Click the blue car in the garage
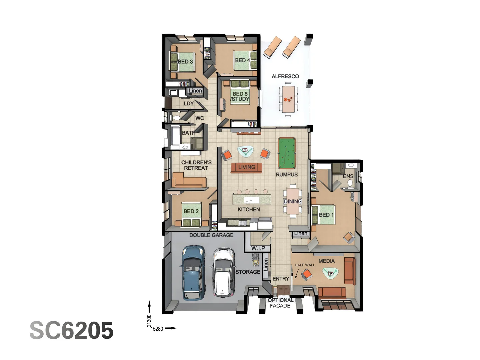(x=193, y=273)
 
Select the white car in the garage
(x=224, y=272)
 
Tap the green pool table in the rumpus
(x=287, y=153)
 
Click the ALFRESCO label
(x=285, y=76)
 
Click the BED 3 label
(x=185, y=62)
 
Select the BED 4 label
(x=242, y=60)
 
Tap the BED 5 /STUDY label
(x=240, y=96)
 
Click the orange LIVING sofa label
(x=246, y=167)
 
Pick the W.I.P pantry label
(x=258, y=248)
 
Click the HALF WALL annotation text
(x=305, y=265)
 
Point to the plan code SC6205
(x=72, y=331)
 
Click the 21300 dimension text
(x=149, y=321)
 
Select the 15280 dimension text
(x=157, y=329)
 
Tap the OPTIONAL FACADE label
(x=280, y=303)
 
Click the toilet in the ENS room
(x=350, y=183)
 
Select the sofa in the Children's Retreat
(x=189, y=181)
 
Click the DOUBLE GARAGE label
(x=211, y=235)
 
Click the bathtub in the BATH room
(x=175, y=137)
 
